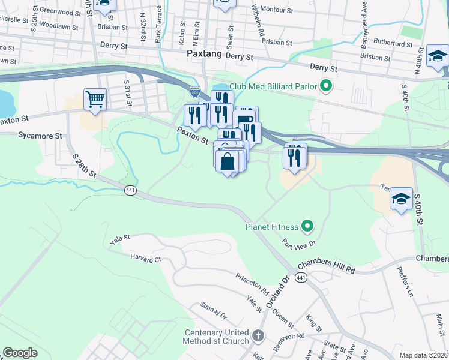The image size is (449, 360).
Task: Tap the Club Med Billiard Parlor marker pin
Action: tap(326, 86)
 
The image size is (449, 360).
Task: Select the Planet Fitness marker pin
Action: tap(307, 227)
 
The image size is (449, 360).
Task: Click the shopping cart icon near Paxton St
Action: tap(95, 100)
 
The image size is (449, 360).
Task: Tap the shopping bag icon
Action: tap(228, 161)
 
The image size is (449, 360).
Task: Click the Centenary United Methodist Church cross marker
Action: tap(258, 337)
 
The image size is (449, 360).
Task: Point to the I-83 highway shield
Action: tap(195, 92)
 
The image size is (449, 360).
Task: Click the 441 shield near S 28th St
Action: tap(130, 190)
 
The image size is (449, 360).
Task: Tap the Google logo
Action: tap(20, 352)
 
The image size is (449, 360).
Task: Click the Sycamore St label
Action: tap(40, 136)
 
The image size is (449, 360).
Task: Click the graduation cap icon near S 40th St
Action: tap(401, 200)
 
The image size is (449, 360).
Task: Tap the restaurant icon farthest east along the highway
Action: tap(295, 156)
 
